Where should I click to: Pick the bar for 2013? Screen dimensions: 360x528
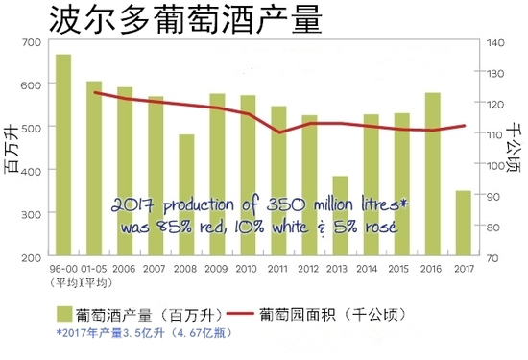pyautogui.click(x=367, y=217)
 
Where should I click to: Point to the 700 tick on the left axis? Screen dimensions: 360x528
pyautogui.click(x=31, y=40)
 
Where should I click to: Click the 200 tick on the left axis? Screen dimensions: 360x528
pyautogui.click(x=31, y=258)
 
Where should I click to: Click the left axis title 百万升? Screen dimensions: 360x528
pyautogui.click(x=12, y=149)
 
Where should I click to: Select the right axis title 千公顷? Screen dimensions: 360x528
pyautogui.click(x=514, y=149)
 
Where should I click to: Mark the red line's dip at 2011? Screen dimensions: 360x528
pyautogui.click(x=278, y=132)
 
